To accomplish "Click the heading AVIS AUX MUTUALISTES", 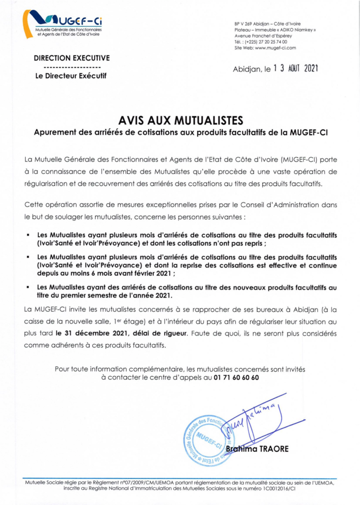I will tap(180, 120).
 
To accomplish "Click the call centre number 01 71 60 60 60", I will tap(236, 377).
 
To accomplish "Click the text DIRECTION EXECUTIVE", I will tap(72, 58).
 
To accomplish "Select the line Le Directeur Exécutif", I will tap(72, 75).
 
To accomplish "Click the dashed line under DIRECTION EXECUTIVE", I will tap(72, 67).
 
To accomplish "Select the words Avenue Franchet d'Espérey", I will tap(263, 36).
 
